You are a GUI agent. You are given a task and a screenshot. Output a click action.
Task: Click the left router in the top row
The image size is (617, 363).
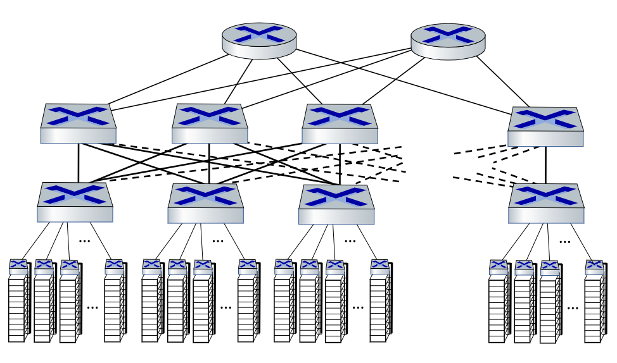(259, 41)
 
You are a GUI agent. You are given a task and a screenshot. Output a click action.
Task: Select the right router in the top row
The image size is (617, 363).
(448, 41)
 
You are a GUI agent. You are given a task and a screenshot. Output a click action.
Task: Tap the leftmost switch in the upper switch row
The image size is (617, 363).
(79, 124)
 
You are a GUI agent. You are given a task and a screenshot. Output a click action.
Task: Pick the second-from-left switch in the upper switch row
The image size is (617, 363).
(210, 124)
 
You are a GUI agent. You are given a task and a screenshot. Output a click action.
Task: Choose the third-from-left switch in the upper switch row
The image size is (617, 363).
(340, 124)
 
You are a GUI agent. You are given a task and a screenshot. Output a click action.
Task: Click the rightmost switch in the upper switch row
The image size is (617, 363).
(545, 127)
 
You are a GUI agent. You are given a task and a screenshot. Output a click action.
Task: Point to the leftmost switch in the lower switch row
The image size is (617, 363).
(75, 202)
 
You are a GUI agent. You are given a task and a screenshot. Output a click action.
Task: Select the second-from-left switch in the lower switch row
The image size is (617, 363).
(206, 204)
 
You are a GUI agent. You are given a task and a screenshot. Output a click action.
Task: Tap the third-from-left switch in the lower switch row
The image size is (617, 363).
(336, 204)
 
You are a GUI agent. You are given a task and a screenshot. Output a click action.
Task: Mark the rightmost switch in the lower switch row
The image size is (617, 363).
(546, 204)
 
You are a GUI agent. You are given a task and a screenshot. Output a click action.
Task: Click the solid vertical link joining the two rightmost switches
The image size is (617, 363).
(545, 165)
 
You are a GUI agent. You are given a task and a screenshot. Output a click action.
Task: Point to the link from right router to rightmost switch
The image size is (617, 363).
(504, 83)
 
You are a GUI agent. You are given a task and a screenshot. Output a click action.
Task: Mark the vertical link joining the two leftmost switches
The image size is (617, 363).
(79, 163)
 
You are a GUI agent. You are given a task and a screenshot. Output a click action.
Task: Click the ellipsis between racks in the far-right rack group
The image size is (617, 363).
(573, 308)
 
